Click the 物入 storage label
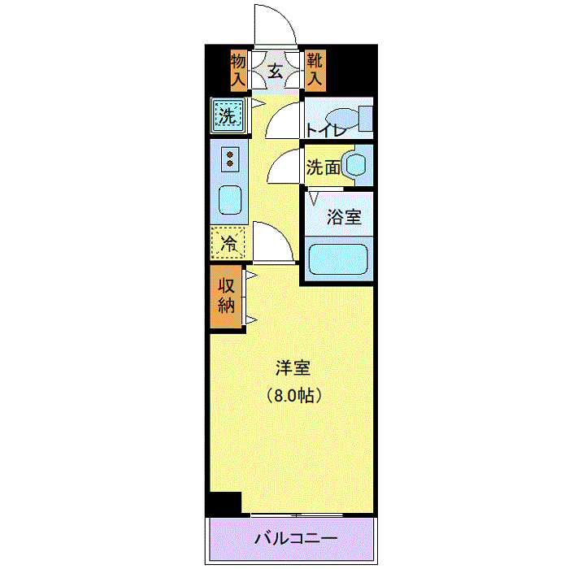coord(237,70)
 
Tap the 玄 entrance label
coord(275,71)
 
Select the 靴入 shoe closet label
coord(315,70)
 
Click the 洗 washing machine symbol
coord(228,115)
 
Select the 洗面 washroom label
coord(322,167)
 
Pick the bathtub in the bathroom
coord(338,260)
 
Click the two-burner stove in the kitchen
coord(231,159)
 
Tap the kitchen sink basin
coord(231,199)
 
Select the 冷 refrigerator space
coord(228,241)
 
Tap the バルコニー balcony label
coord(294,538)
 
